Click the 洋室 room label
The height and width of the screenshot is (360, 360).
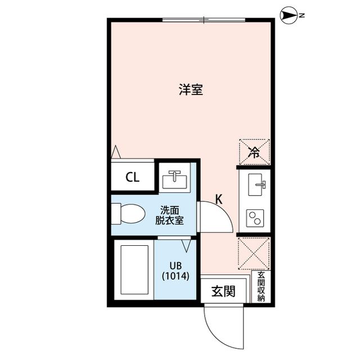click(191, 89)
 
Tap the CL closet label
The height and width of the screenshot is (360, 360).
click(132, 178)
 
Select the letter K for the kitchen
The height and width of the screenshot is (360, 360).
click(220, 199)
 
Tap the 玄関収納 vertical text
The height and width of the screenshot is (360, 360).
click(261, 287)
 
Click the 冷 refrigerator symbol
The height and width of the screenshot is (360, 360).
click(254, 151)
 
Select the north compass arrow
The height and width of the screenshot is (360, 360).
click(289, 16)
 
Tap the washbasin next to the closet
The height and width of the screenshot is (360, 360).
click(174, 179)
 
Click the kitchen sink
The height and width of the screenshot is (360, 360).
click(256, 183)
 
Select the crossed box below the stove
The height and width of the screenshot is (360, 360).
click(254, 254)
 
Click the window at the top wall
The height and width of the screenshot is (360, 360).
click(204, 20)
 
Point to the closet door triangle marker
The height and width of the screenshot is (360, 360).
click(116, 152)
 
